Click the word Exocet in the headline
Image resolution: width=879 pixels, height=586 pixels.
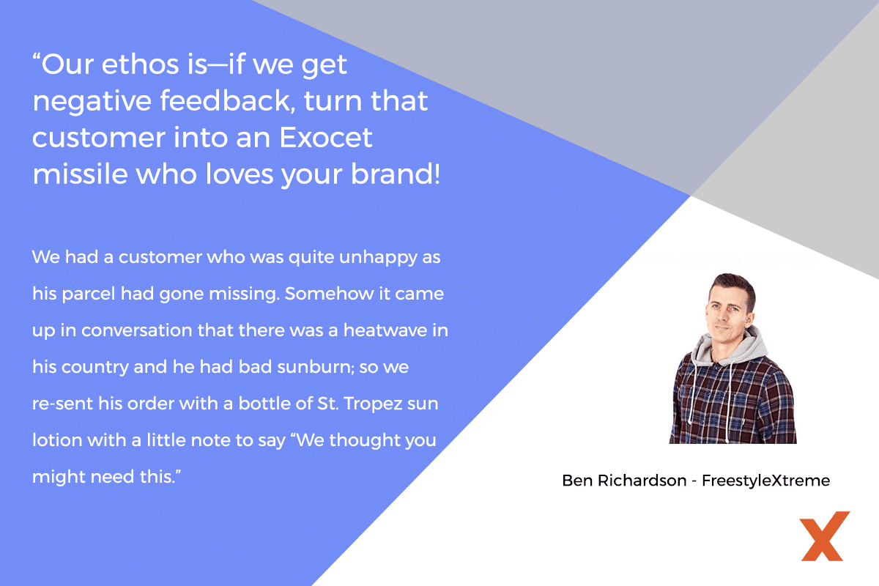[325, 138]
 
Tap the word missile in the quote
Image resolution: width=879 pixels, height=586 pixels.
[80, 174]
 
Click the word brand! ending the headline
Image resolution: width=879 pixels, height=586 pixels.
[395, 174]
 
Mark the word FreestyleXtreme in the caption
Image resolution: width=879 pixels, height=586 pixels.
[765, 481]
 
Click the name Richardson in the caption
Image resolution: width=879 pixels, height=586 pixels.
[642, 480]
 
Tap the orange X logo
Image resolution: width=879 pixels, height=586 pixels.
[825, 535]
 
